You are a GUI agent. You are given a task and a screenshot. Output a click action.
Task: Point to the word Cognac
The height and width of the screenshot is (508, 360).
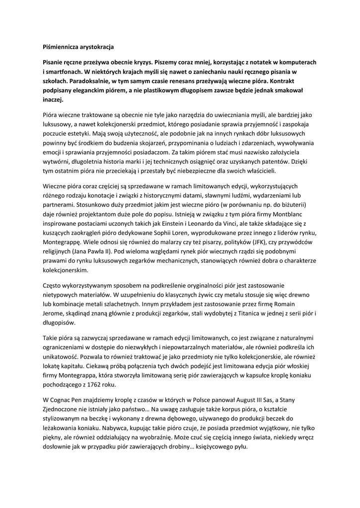[62, 399]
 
